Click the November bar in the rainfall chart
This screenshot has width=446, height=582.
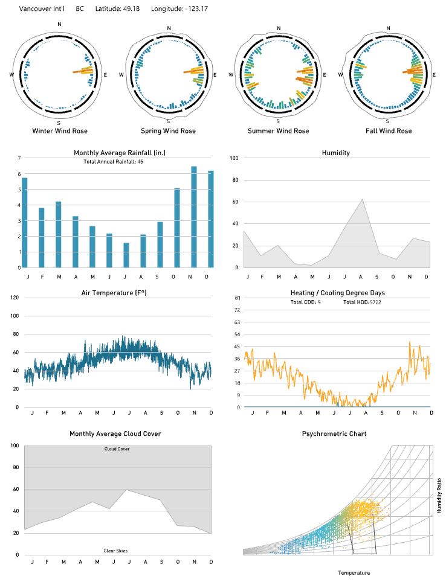pyautogui.click(x=194, y=217)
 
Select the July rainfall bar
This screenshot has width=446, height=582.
pyautogui.click(x=126, y=255)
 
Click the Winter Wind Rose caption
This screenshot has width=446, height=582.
pyautogui.click(x=59, y=131)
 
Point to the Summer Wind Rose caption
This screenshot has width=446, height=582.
pyautogui.click(x=278, y=131)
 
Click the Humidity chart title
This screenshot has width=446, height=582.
pyautogui.click(x=336, y=153)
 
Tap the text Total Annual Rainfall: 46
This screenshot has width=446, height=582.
pyautogui.click(x=113, y=162)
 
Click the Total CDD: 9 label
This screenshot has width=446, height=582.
pyautogui.click(x=306, y=302)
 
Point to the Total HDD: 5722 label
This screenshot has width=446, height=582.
pyautogui.click(x=363, y=302)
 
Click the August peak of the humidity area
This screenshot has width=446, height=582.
pyautogui.click(x=362, y=200)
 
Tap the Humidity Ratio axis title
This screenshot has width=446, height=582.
pyautogui.click(x=439, y=493)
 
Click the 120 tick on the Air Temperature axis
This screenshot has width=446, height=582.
pyautogui.click(x=15, y=298)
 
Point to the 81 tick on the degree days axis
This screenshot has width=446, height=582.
pyautogui.click(x=237, y=298)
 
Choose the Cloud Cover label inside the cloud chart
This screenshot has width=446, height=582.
pyautogui.click(x=117, y=449)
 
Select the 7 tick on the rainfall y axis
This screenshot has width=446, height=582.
pyautogui.click(x=19, y=158)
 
